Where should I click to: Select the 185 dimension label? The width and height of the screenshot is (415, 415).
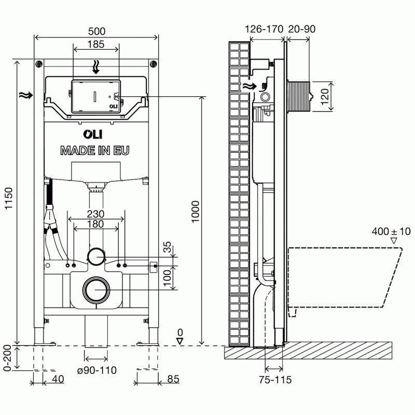96,44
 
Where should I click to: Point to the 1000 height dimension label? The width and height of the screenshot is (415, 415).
195,218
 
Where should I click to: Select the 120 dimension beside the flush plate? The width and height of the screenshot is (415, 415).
325,96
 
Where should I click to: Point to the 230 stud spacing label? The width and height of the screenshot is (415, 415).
95,214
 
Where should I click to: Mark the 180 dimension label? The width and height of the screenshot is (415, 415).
95,224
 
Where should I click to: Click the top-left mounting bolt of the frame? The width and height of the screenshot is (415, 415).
38,64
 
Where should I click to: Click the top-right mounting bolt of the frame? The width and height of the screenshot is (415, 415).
153,64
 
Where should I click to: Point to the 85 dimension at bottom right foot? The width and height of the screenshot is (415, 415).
173,380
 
